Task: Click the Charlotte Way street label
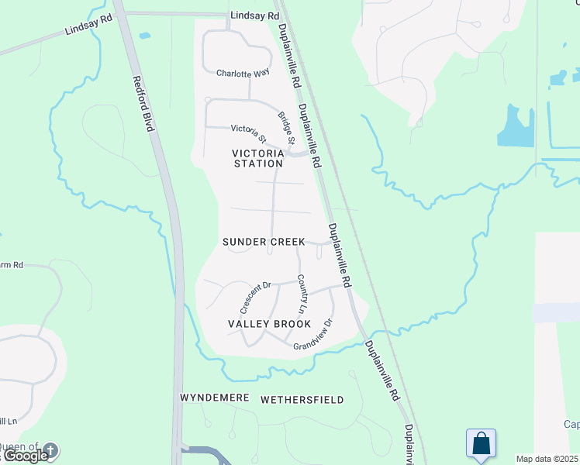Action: click(x=243, y=73)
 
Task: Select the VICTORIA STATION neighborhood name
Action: click(x=258, y=158)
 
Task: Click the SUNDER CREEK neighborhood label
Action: click(x=264, y=242)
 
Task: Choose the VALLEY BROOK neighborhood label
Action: click(x=269, y=324)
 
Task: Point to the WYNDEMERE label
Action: click(x=215, y=398)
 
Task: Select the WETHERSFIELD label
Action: click(x=302, y=400)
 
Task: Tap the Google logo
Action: click(x=24, y=456)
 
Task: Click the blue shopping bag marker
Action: click(x=481, y=444)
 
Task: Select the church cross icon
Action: click(x=50, y=449)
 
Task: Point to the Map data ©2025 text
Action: click(x=547, y=459)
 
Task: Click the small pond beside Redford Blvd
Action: click(x=143, y=36)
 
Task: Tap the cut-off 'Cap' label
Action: click(x=571, y=424)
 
